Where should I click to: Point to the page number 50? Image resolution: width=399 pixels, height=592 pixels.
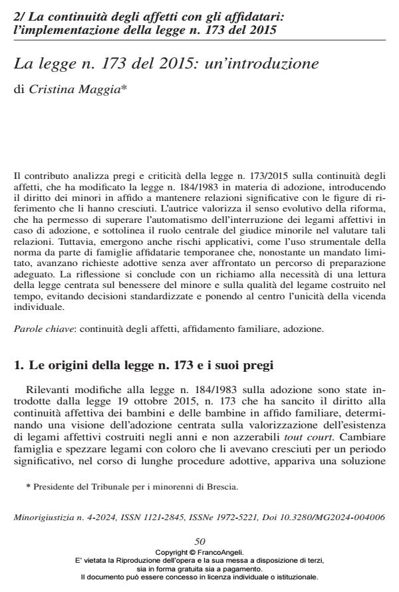[x=199, y=544]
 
